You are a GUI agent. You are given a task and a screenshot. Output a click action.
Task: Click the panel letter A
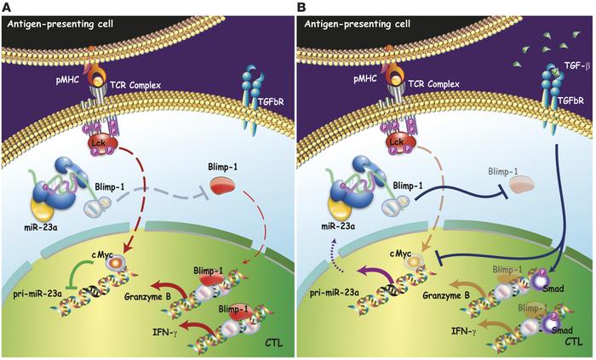5,6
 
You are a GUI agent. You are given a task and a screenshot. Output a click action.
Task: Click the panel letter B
303,6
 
